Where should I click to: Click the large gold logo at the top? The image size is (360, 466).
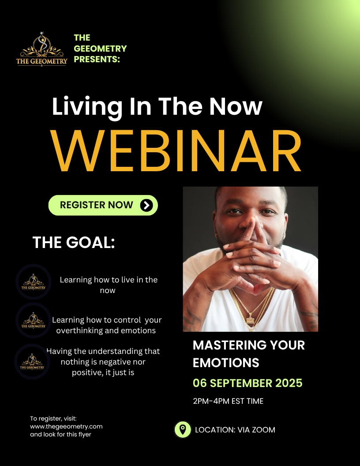pyautogui.click(x=41, y=49)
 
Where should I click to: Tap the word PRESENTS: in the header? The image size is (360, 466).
pyautogui.click(x=97, y=59)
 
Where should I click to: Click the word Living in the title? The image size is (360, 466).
pyautogui.click(x=87, y=107)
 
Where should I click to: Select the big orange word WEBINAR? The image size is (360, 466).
pyautogui.click(x=176, y=151)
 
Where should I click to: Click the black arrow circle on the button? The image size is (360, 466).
pyautogui.click(x=146, y=205)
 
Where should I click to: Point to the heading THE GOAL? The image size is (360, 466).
pyautogui.click(x=73, y=242)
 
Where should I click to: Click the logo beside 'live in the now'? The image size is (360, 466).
pyautogui.click(x=33, y=282)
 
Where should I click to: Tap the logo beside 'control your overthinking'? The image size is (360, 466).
pyautogui.click(x=33, y=320)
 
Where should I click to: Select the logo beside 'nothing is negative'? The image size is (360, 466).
pyautogui.click(x=32, y=361)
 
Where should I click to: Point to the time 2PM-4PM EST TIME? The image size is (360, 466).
pyautogui.click(x=228, y=401)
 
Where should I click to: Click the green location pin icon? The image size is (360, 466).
pyautogui.click(x=183, y=429)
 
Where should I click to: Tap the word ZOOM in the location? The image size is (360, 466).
pyautogui.click(x=264, y=430)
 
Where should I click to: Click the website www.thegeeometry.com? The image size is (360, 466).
pyautogui.click(x=66, y=426)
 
